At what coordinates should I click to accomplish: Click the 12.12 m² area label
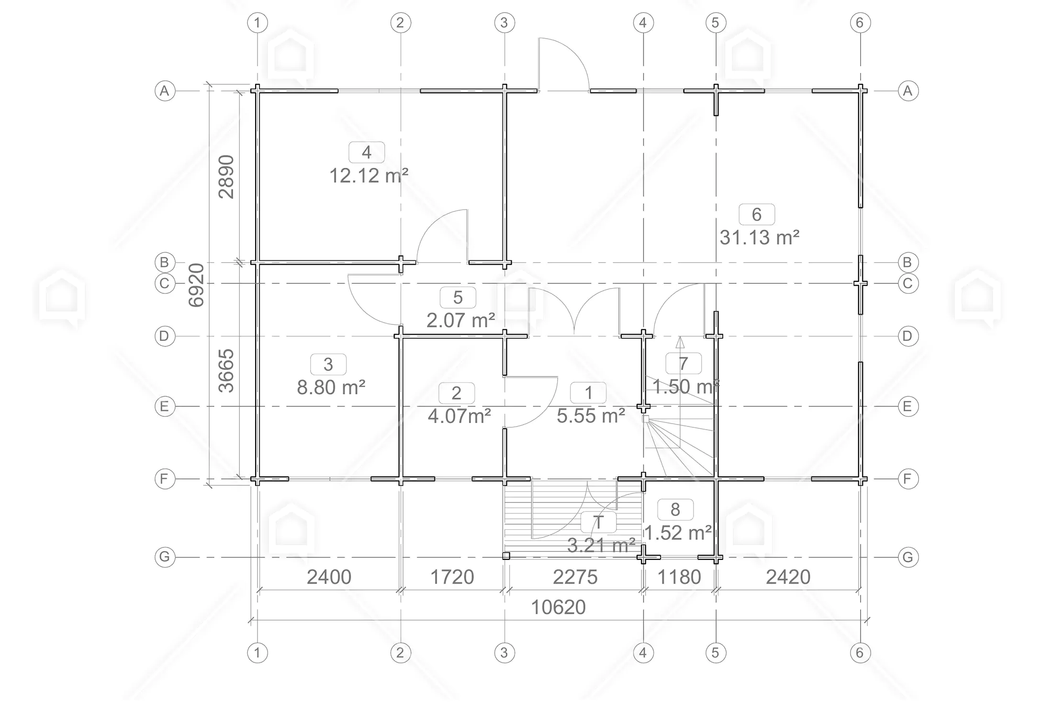pos(369,176)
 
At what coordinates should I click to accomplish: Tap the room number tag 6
pos(757,214)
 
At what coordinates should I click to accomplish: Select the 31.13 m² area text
pos(760,237)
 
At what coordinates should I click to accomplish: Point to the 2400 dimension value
pos(329,577)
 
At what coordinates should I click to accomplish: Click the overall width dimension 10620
pos(559,607)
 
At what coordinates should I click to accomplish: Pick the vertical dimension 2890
pos(226,177)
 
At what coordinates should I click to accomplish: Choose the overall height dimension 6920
pos(196,285)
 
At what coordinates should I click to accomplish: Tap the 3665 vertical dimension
pos(226,371)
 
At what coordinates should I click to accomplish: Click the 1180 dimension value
pos(679,577)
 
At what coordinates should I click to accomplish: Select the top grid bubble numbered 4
pos(643,22)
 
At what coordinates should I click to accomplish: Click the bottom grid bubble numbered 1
pos(258,653)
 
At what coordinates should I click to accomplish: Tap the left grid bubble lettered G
pos(165,557)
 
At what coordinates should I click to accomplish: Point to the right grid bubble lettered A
pos(908,90)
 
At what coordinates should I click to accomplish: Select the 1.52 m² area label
pos(677,533)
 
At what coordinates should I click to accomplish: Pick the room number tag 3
pos(328,365)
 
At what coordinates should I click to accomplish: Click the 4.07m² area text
pos(459,416)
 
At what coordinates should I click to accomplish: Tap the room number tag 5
pos(458,298)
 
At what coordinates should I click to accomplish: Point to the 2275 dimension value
pos(575,577)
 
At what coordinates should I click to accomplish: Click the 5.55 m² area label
pos(591,416)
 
